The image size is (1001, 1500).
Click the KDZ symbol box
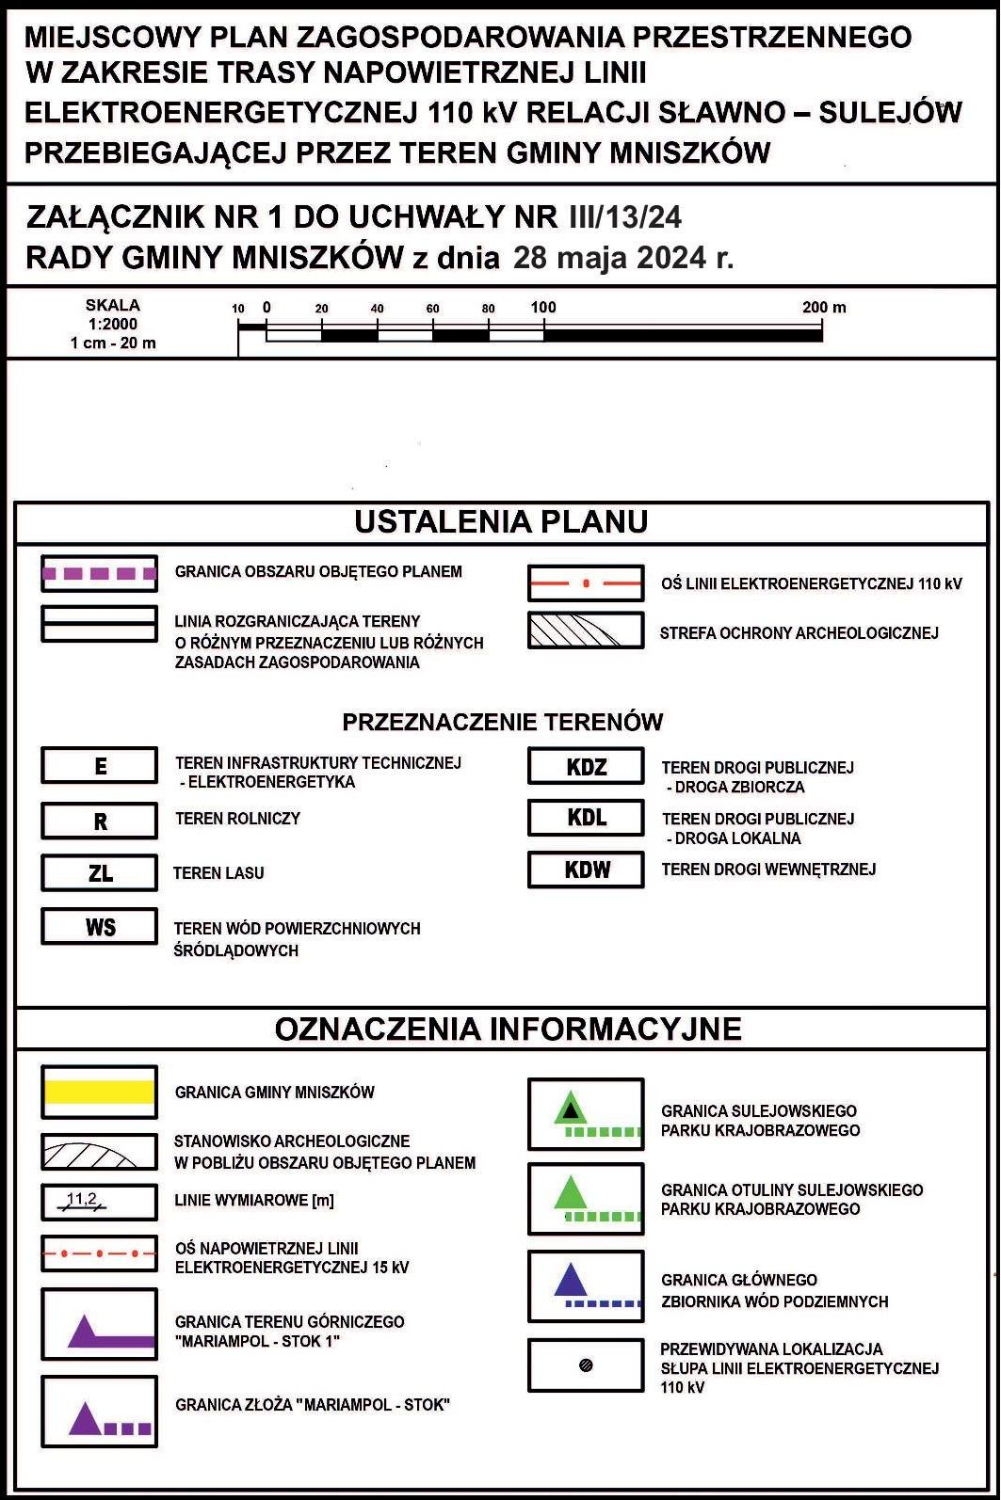point(586,766)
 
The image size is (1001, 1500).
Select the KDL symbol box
point(586,817)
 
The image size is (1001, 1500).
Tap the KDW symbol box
point(586,870)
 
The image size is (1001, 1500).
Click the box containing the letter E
point(99,766)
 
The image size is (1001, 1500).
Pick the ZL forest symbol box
point(99,873)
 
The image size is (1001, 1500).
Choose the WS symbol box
point(99,927)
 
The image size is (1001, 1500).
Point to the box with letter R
point(99,821)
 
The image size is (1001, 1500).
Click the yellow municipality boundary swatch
point(99,1092)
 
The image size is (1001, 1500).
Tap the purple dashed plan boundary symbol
point(99,573)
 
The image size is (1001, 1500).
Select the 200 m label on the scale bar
point(824,308)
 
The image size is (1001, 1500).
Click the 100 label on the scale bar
point(543,308)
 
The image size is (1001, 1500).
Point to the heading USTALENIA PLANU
point(501,522)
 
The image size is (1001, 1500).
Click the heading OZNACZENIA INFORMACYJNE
point(508,1029)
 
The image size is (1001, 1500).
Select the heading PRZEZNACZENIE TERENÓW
point(502,723)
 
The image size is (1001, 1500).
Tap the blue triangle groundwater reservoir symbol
point(571,1282)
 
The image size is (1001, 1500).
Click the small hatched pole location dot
point(586,1365)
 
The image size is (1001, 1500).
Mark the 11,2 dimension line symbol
point(85,1201)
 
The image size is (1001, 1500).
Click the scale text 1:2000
point(113,324)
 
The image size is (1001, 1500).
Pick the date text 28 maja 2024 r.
point(622,258)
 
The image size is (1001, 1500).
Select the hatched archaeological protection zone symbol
point(586,630)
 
